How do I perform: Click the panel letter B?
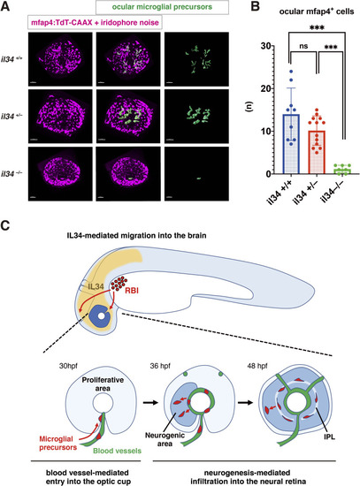coord(255,6)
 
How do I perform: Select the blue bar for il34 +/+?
coord(291,144)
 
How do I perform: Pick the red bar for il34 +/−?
coord(317,152)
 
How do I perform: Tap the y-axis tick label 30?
coord(267,46)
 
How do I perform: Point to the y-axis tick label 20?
coord(267,88)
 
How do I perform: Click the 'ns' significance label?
coord(303,46)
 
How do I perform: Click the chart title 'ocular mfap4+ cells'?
coord(317,11)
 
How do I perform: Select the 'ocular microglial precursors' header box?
coord(163,7)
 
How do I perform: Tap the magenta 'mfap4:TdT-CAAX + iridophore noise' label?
coord(95,22)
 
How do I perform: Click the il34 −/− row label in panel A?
coord(11,174)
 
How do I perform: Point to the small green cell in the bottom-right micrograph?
coord(199,178)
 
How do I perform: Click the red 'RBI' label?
coord(132,291)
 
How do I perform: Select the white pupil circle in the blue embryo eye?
coord(101,316)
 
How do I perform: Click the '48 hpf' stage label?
coord(257,366)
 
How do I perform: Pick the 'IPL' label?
coord(328,437)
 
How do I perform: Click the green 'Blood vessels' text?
coord(118,451)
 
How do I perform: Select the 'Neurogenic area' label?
coord(165,439)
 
